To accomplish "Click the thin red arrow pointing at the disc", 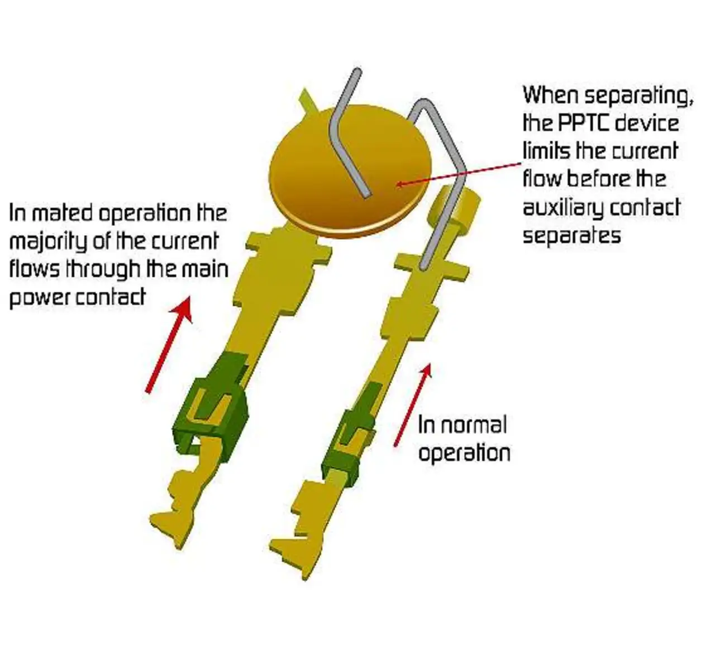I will coord(458,173).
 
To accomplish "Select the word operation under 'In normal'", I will coord(464,453).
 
